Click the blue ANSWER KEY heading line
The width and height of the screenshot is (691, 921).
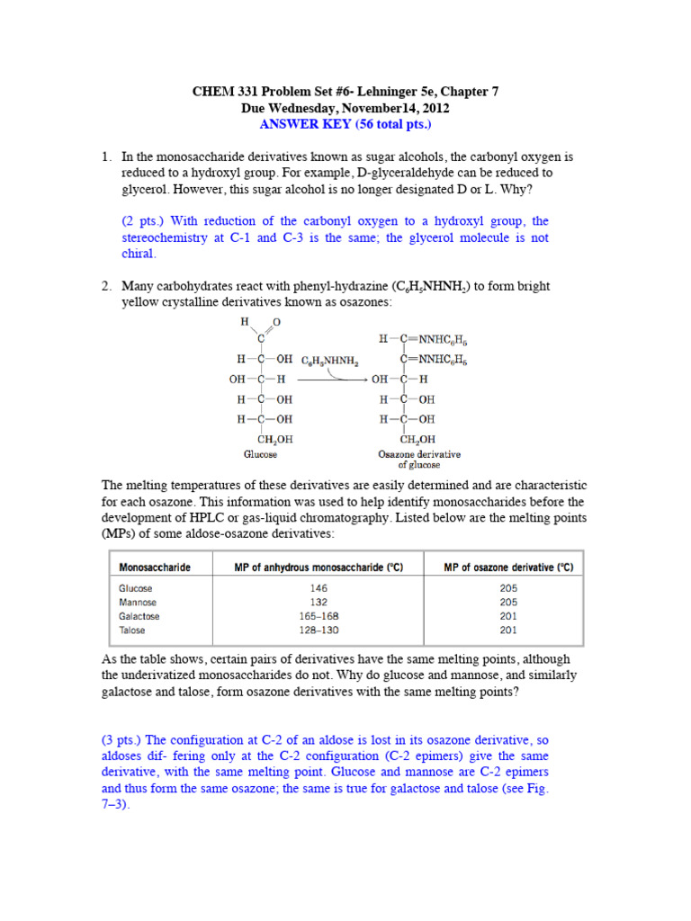pos(345,124)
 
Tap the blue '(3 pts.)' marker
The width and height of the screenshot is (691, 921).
pos(126,739)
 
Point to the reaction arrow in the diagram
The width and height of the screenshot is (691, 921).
pos(332,380)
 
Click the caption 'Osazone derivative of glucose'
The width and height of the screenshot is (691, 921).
pos(407,460)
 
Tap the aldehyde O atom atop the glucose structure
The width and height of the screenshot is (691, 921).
pos(276,322)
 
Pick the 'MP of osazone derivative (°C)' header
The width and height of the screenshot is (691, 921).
pos(508,568)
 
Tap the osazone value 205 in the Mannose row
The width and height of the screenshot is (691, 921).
pos(508,602)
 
